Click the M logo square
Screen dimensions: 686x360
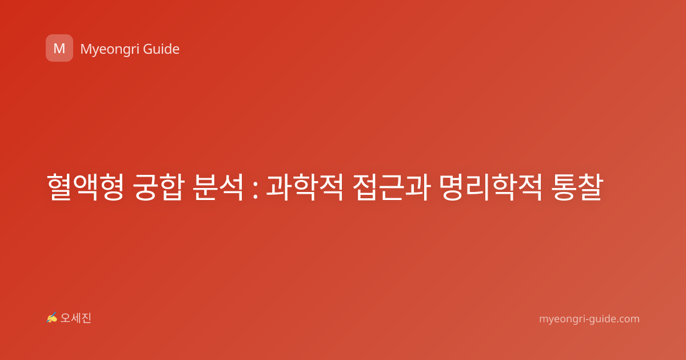59,48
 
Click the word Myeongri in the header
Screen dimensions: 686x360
109,50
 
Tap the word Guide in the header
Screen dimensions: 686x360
161,49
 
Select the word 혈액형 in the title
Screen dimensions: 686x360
85,187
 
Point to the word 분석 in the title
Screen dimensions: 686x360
218,187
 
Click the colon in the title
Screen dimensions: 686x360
256,187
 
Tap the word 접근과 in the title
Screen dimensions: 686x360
392,187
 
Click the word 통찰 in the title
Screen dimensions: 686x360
577,187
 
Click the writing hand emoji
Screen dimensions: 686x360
52,318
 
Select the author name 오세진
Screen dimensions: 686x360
75,318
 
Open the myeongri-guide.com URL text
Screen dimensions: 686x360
589,319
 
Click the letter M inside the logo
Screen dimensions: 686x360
59,49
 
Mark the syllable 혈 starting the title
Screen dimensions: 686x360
59,187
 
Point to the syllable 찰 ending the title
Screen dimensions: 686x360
590,187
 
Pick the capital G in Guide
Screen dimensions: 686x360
147,49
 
